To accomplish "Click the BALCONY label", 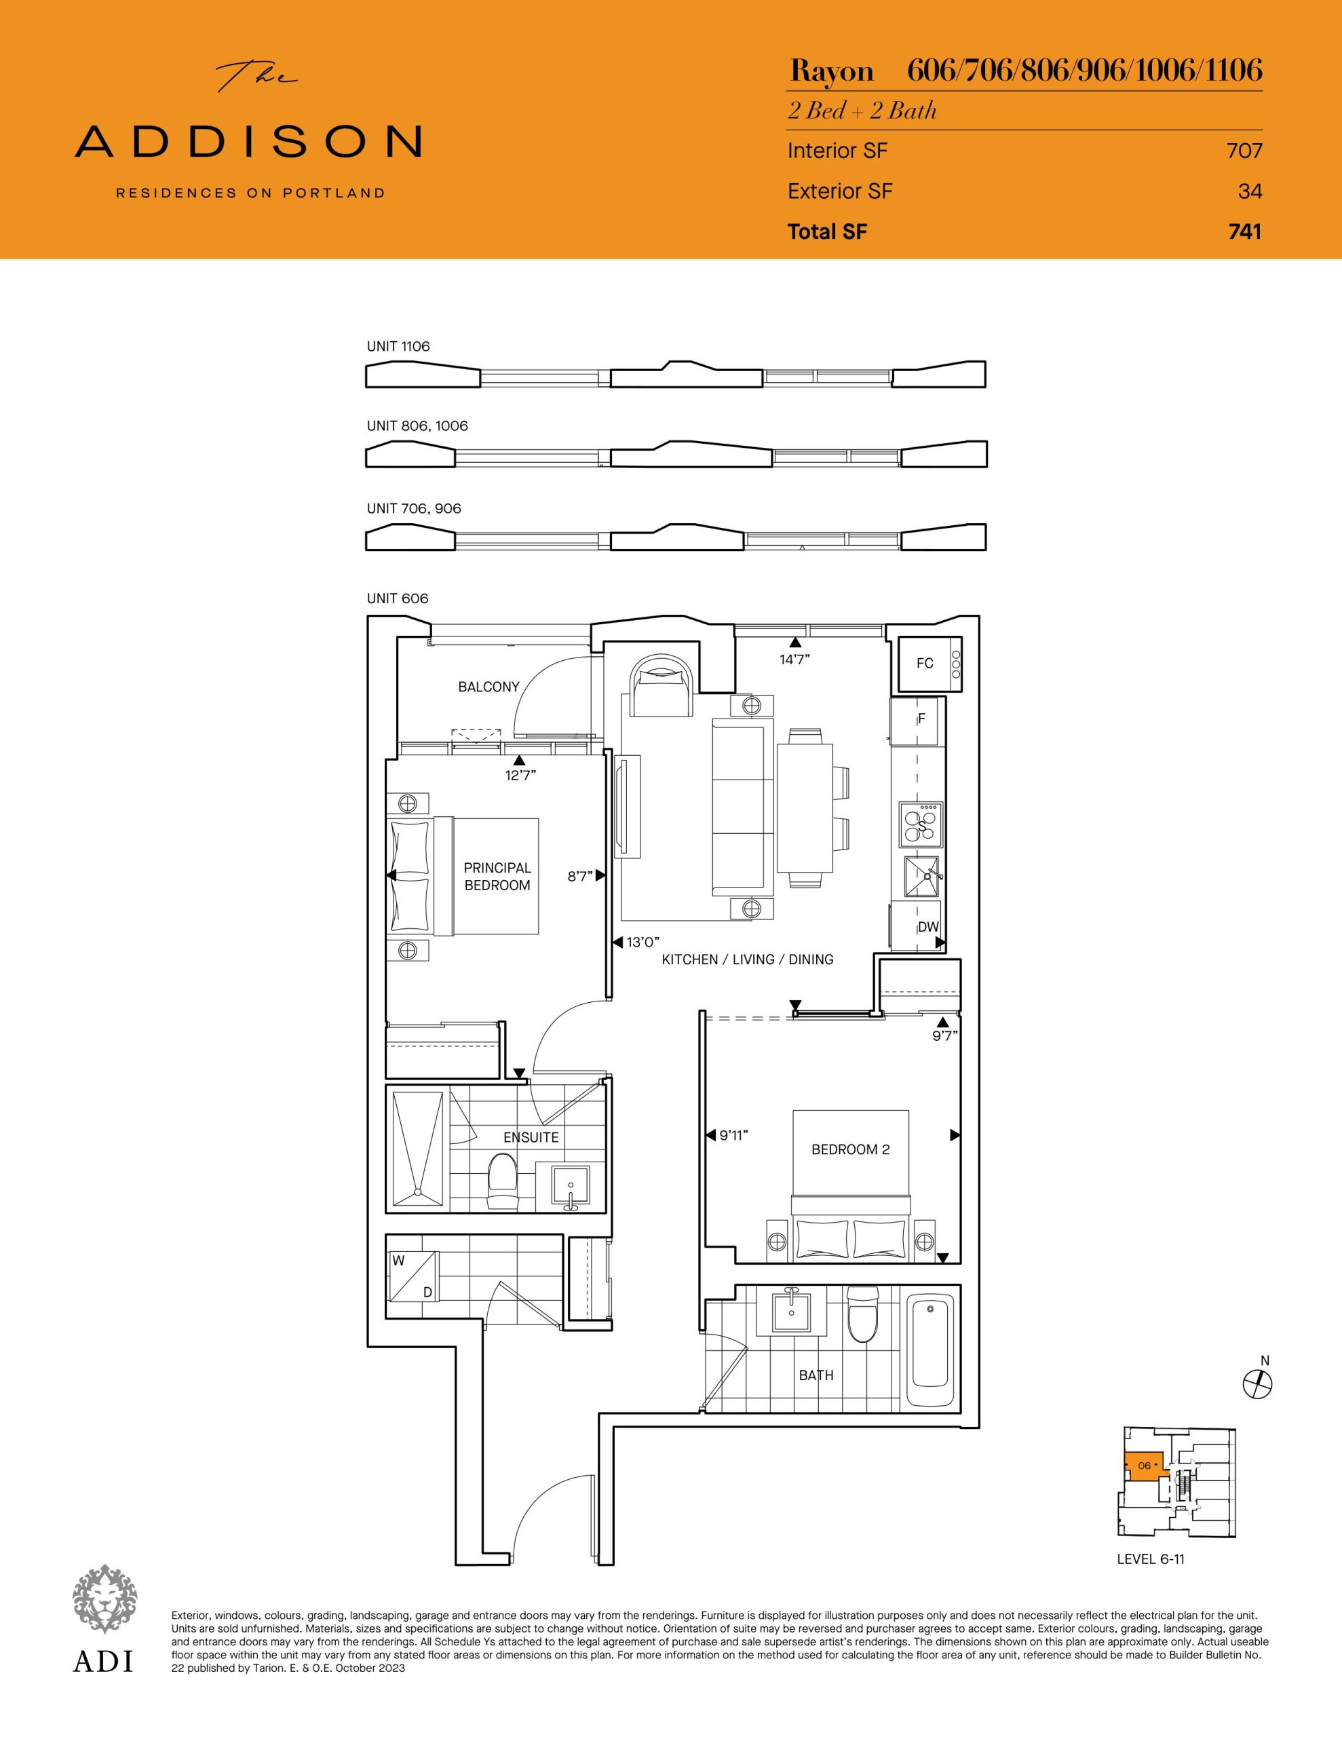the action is click(x=488, y=687).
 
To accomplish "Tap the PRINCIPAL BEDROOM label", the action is click(x=497, y=877).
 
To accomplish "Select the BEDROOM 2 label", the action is click(x=850, y=1149).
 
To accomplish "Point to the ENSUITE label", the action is click(x=531, y=1137).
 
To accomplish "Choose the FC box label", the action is click(x=924, y=664).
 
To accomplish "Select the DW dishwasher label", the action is click(x=928, y=927).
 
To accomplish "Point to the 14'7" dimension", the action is click(x=794, y=660).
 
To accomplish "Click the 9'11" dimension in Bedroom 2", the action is click(x=734, y=1136).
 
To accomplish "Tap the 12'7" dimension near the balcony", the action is click(x=520, y=775).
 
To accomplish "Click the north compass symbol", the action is click(x=1258, y=1385).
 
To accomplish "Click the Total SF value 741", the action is click(x=1245, y=231).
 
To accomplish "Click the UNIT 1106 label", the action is click(x=398, y=346).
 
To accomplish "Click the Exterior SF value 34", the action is click(x=1250, y=191).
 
